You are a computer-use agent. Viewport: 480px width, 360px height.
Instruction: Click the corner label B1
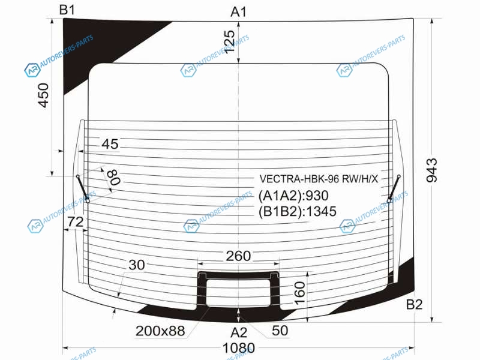(67, 10)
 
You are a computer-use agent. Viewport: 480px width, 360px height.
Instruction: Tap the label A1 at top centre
(238, 12)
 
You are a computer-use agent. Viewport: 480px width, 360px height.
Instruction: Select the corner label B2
(414, 304)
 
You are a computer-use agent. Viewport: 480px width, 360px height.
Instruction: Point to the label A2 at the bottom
(239, 332)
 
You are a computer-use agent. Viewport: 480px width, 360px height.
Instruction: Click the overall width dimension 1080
(238, 348)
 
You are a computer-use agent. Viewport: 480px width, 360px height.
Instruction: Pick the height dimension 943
(431, 170)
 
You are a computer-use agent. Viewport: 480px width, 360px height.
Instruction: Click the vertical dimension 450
(43, 95)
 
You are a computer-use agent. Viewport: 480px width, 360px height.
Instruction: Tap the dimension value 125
(229, 42)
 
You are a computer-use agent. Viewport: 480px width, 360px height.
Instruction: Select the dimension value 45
(110, 144)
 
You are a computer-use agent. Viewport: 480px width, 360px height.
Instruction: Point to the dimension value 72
(76, 221)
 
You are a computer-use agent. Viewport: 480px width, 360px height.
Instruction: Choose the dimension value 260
(238, 256)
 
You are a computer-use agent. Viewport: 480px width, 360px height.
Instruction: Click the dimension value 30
(137, 265)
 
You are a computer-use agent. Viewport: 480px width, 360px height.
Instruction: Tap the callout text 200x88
(160, 331)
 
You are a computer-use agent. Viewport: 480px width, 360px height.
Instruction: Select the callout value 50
(280, 331)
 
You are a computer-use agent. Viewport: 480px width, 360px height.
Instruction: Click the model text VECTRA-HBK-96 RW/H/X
(319, 179)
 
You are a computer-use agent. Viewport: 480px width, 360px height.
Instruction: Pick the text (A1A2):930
(293, 196)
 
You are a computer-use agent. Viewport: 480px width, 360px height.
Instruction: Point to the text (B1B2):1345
(297, 212)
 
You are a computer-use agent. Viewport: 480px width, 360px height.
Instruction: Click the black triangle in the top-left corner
(92, 43)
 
